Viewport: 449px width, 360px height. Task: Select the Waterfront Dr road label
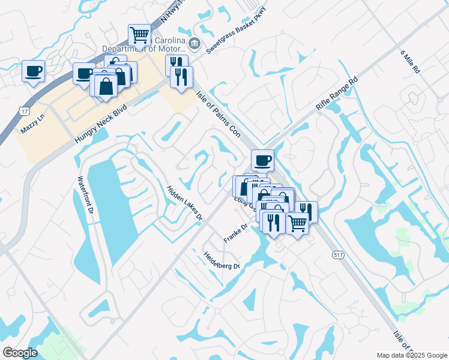(x=83, y=197)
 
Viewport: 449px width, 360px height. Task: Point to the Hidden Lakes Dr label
(x=184, y=203)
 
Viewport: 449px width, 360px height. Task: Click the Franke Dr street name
(x=236, y=233)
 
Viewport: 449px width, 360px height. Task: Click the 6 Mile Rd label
(x=411, y=61)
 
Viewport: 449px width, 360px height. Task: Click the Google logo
(x=20, y=353)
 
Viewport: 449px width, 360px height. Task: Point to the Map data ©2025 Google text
(x=412, y=355)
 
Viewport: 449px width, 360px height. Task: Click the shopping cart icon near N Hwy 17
(x=140, y=35)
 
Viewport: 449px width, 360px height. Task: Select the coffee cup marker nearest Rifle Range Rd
(x=262, y=160)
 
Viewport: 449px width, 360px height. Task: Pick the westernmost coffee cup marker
(x=33, y=71)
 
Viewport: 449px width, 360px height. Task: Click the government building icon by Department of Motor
(x=194, y=43)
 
